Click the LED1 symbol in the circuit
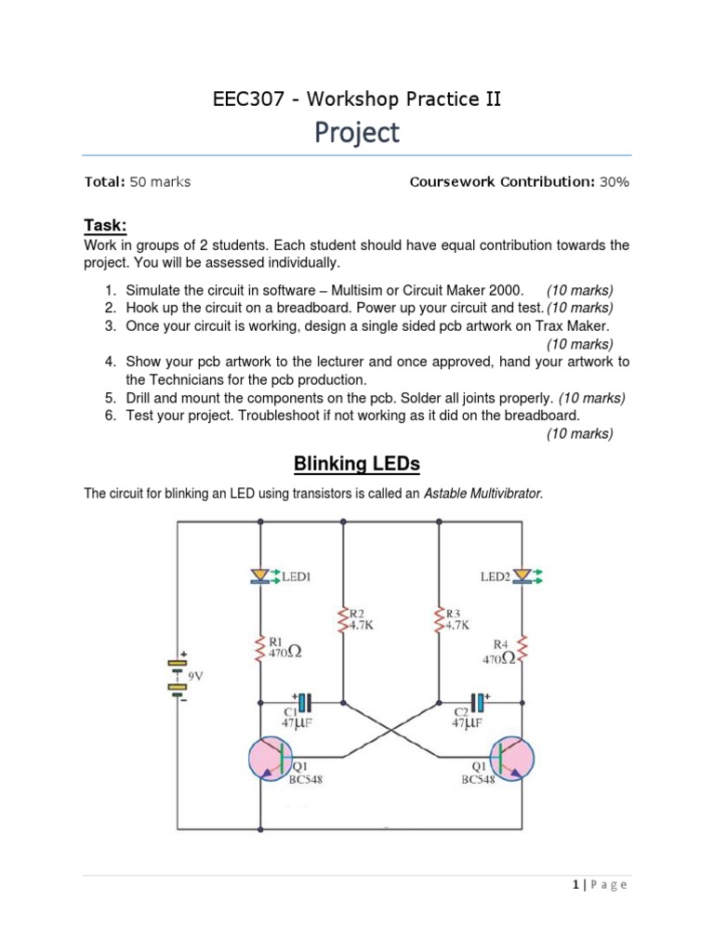point(261,577)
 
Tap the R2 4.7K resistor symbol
point(345,619)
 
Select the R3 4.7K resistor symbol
point(439,619)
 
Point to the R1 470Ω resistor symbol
point(261,647)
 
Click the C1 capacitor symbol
point(304,702)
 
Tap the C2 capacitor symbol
point(479,702)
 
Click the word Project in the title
point(357,133)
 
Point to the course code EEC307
point(246,98)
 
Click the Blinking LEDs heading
point(357,463)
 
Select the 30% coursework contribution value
point(615,182)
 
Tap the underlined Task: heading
point(105,226)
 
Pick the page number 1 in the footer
point(577,884)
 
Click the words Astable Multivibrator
point(483,494)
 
